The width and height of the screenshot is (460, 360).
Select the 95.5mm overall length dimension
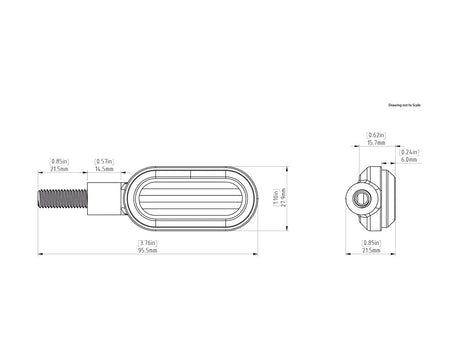point(146,249)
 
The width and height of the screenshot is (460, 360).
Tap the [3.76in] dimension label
point(146,241)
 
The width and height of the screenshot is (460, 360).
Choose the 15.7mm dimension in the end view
point(377,142)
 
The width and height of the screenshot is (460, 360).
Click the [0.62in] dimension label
point(377,134)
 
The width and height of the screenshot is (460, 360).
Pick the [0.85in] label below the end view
point(371,241)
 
